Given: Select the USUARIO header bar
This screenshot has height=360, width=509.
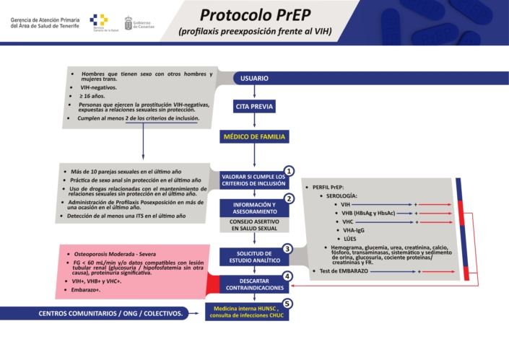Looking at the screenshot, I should coord(254,78).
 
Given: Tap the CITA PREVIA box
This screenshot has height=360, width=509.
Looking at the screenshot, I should coord(254,106).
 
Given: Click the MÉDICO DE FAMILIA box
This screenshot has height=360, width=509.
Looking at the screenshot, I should coord(254,136).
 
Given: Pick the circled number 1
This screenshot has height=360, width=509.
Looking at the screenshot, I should coord(289,171).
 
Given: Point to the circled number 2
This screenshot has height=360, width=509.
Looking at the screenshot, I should coord(289,198).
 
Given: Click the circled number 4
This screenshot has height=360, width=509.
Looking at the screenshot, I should coord(287,276).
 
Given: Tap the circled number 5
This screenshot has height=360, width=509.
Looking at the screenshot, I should coord(287,304).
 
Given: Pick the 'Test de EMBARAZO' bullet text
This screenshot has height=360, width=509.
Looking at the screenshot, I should coord(345,271).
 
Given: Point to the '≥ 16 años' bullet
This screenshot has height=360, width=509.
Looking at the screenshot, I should coord(94,96).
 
